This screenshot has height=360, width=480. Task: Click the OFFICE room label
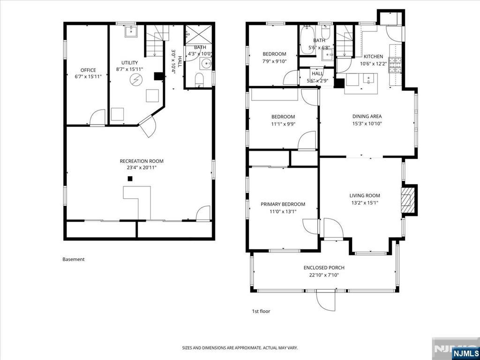(x=88, y=70)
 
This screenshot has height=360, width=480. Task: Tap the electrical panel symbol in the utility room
(x=135, y=80)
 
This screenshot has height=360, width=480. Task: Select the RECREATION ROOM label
(x=142, y=161)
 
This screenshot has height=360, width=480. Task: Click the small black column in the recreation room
(x=130, y=179)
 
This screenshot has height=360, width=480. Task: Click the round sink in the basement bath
(x=206, y=64)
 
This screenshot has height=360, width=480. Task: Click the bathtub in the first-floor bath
(x=307, y=40)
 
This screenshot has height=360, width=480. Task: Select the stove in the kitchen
(x=393, y=65)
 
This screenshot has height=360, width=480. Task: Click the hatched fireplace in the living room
(x=407, y=200)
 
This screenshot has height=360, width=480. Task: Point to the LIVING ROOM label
(x=365, y=195)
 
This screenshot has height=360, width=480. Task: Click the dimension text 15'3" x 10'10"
(x=367, y=124)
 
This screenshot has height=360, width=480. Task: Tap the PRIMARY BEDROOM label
(x=283, y=204)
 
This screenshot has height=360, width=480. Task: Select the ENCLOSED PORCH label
(x=324, y=268)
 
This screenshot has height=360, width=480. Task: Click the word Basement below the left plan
(x=74, y=259)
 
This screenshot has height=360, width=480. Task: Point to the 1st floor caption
(x=261, y=311)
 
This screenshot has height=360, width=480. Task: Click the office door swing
(x=97, y=117)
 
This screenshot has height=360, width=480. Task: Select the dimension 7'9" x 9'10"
(x=274, y=61)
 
